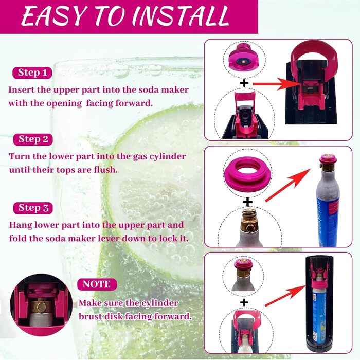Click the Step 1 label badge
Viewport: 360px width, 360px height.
pyautogui.click(x=32, y=73)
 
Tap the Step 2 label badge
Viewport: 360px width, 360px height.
pyautogui.click(x=33, y=139)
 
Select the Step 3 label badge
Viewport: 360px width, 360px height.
pyautogui.click(x=33, y=208)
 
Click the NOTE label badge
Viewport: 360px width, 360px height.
pyautogui.click(x=97, y=284)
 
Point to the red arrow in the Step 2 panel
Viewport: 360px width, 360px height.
pyautogui.click(x=288, y=185)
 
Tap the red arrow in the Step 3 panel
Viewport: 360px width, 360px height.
pyautogui.click(x=285, y=296)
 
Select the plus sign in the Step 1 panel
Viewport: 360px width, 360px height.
pyautogui.click(x=244, y=83)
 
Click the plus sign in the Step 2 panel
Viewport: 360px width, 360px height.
pyautogui.click(x=247, y=202)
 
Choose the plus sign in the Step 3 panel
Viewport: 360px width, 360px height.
pyautogui.click(x=244, y=302)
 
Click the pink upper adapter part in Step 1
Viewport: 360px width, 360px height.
pyautogui.click(x=245, y=58)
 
